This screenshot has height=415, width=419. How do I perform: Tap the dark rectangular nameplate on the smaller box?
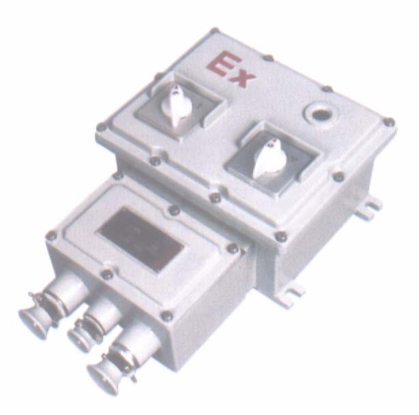point(141,239)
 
